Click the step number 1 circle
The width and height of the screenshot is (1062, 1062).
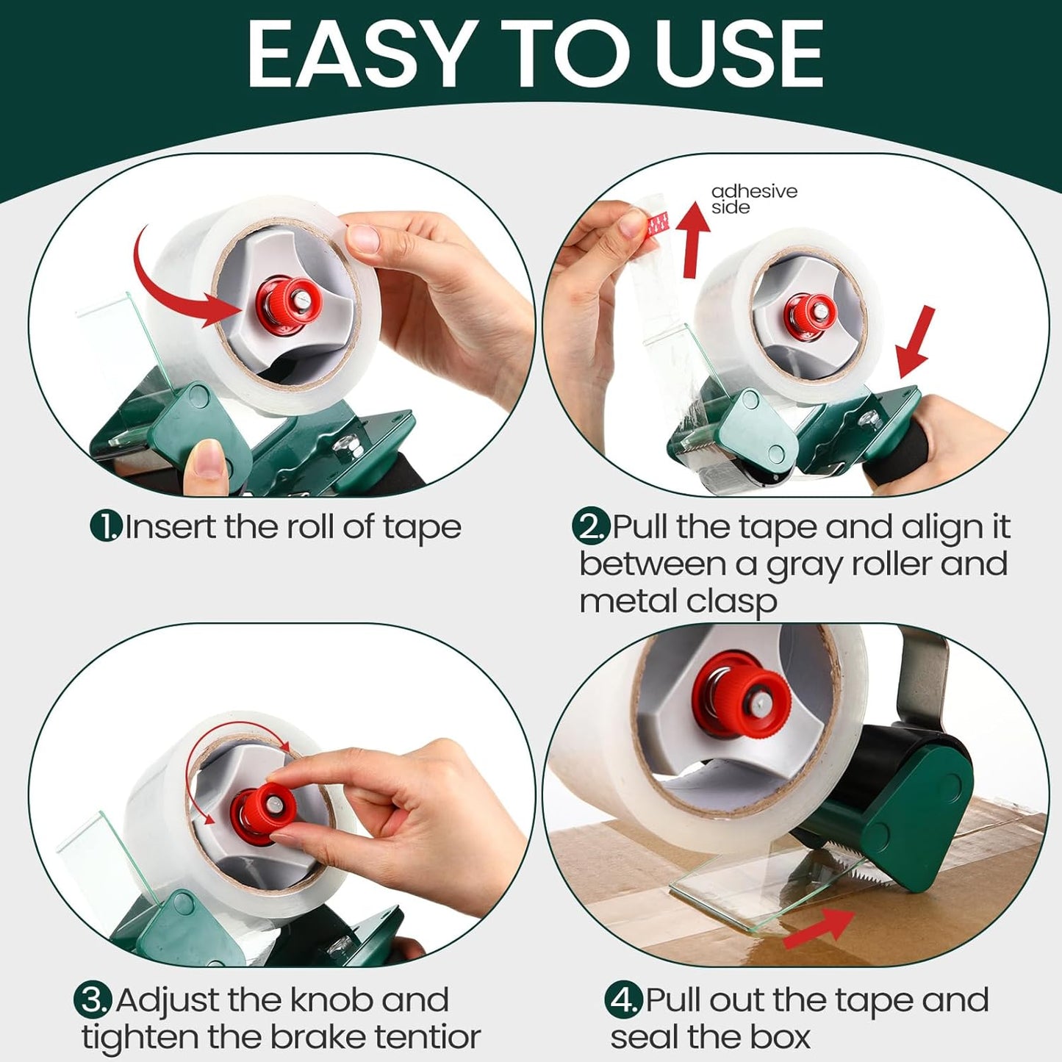[106, 526]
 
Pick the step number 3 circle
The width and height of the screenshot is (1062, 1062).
[93, 1000]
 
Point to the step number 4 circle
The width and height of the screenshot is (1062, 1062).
[623, 1000]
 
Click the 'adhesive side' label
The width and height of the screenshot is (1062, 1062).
[753, 199]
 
